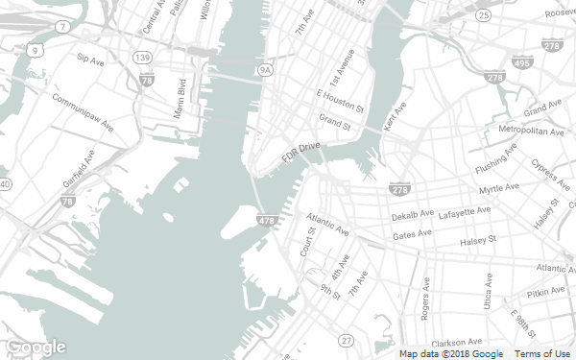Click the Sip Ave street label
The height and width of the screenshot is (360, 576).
(89, 60)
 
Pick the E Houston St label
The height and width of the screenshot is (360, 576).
(341, 99)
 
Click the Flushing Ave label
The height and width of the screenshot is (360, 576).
(496, 158)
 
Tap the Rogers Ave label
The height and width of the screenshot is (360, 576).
(425, 300)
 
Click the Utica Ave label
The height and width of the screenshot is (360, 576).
(489, 291)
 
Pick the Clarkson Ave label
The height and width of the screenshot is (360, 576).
(456, 342)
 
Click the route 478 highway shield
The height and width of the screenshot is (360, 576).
(268, 222)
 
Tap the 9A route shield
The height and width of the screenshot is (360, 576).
(266, 69)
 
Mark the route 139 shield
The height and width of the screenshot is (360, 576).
(142, 59)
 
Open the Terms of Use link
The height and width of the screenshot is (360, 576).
(542, 354)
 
